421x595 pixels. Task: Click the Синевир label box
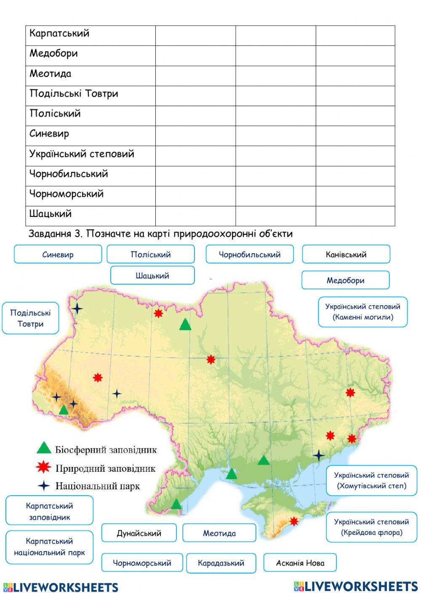point(58,254)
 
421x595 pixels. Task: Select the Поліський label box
point(150,254)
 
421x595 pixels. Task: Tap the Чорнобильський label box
point(249,254)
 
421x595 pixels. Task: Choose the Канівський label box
point(346,254)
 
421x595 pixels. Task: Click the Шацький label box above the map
point(152,275)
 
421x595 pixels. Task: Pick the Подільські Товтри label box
point(30,318)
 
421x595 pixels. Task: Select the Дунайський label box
point(139,533)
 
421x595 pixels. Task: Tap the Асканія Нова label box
point(300,563)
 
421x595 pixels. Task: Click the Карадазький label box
point(221,563)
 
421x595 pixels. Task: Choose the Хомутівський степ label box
point(371,480)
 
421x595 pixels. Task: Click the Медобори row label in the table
point(53,53)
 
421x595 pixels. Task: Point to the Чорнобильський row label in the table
point(69,174)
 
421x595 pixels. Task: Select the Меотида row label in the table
point(50,74)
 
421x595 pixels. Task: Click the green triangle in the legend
point(44,448)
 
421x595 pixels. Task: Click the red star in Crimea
point(294,521)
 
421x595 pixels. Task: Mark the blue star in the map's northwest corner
point(77,309)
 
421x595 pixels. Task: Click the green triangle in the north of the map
point(185,325)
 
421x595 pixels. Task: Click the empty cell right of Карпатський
point(195,35)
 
